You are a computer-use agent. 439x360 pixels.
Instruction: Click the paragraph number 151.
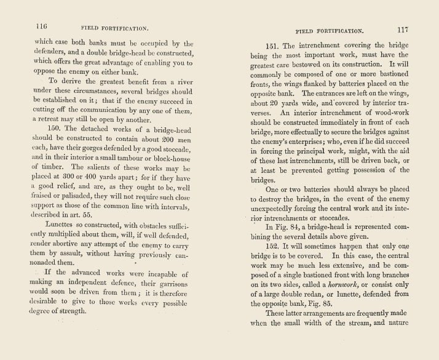tap(272, 46)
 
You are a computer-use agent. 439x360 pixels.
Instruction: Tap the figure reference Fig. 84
tap(277, 226)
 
